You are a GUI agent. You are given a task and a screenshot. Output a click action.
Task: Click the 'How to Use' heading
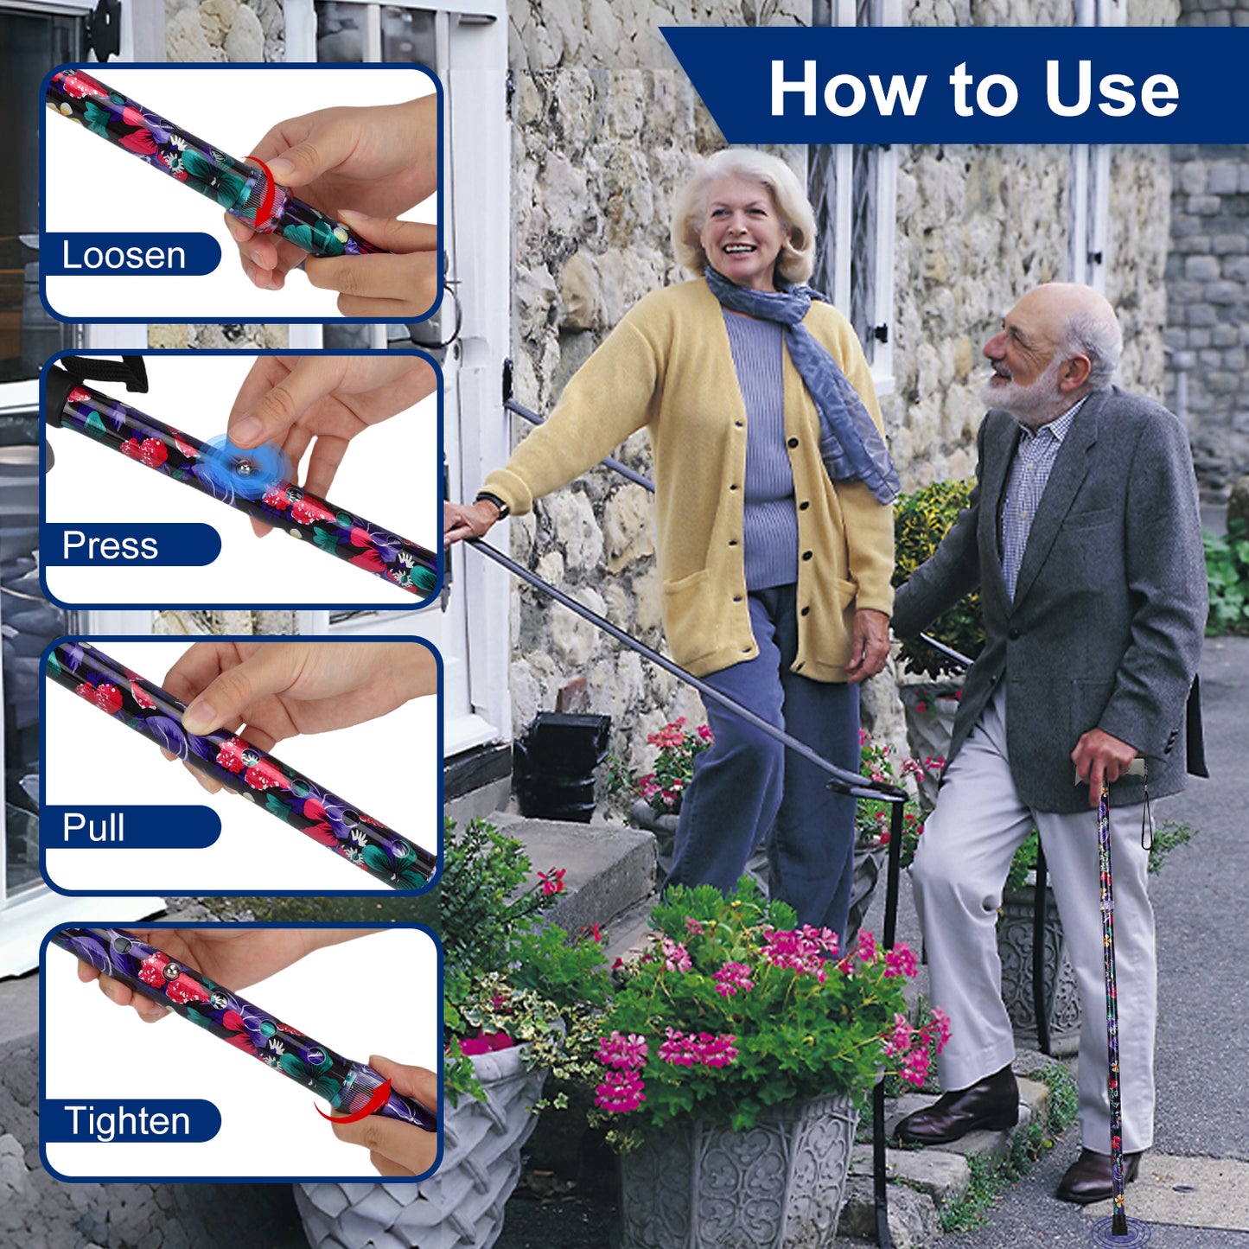[973, 89]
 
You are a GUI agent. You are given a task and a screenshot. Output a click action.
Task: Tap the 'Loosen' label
[124, 255]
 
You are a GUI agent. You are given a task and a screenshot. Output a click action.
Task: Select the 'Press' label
[110, 545]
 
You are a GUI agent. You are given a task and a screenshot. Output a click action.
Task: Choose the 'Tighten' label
[127, 1121]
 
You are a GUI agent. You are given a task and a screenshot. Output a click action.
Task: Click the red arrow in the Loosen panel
[265, 192]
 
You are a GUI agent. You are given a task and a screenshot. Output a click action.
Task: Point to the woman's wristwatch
[494, 504]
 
